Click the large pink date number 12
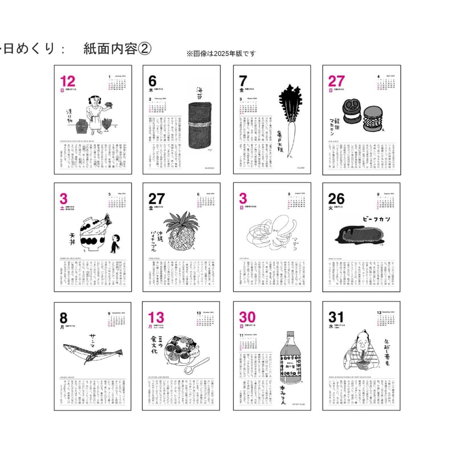(x=68, y=80)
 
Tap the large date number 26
(x=336, y=198)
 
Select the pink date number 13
(x=157, y=317)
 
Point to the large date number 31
(x=335, y=317)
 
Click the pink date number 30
(x=247, y=317)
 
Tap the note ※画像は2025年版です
(x=221, y=54)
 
